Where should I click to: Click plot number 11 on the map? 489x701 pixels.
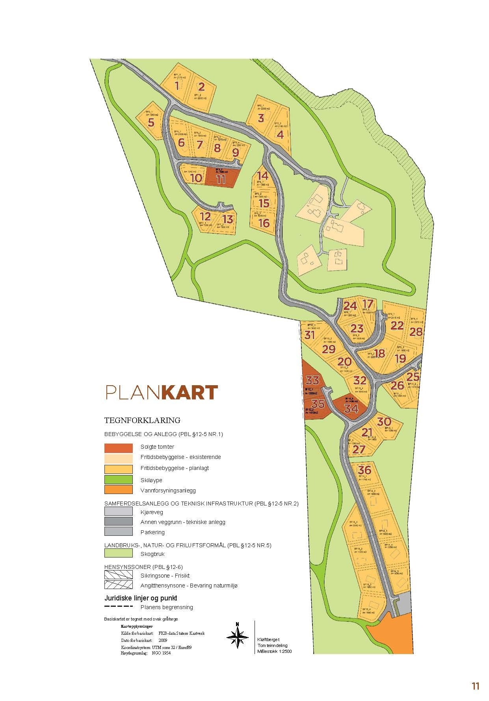[221, 179]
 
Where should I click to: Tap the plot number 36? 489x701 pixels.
[365, 470]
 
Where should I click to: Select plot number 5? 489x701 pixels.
[151, 123]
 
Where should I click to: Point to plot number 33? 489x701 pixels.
[312, 380]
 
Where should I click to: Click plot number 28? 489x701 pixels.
[416, 332]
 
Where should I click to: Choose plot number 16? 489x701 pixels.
[264, 223]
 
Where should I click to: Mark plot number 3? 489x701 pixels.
[261, 118]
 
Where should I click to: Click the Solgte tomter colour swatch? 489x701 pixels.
[118, 448]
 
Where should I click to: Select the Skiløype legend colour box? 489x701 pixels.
[118, 479]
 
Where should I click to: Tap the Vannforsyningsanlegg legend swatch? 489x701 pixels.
[118, 490]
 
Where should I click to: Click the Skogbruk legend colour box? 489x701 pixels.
[118, 554]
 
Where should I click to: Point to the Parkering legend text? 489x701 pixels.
[152, 532]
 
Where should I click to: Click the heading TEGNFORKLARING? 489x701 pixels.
[142, 420]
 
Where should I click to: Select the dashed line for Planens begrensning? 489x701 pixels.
[118, 606]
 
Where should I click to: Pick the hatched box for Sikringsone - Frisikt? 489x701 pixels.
[118, 575]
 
